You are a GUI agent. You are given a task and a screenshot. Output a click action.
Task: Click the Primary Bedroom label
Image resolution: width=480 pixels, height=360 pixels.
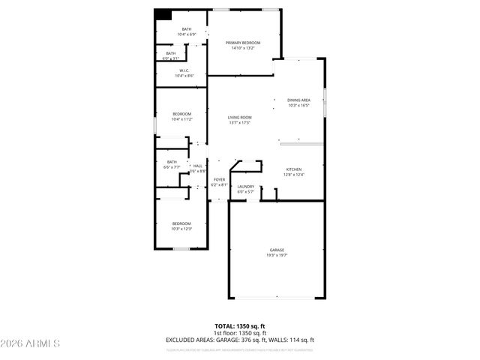click(241, 43)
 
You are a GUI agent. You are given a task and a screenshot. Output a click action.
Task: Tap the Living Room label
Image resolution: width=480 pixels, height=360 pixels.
click(240, 118)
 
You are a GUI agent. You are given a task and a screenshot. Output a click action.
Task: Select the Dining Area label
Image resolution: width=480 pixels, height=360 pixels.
click(299, 100)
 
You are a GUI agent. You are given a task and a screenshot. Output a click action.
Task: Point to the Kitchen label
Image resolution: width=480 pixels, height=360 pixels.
click(294, 169)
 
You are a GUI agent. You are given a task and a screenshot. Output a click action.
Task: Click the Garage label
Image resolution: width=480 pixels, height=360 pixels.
click(277, 250)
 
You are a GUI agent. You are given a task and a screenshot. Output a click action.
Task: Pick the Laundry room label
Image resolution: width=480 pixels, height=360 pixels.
click(246, 187)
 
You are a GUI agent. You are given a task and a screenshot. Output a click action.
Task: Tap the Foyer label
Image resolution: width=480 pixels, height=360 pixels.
click(219, 179)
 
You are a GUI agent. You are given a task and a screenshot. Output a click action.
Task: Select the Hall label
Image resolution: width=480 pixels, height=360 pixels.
click(197, 166)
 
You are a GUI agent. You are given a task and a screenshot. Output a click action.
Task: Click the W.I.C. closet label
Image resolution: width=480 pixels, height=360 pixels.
click(184, 70)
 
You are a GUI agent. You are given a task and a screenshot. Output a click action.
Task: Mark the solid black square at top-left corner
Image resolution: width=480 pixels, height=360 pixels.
click(163, 14)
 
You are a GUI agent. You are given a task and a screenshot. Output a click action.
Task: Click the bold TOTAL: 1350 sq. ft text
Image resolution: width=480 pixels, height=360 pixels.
click(240, 326)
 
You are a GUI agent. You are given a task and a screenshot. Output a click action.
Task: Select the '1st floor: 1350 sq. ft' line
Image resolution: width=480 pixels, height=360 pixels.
click(240, 333)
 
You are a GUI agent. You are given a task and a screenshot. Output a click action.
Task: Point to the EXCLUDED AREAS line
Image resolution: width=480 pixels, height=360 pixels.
click(240, 340)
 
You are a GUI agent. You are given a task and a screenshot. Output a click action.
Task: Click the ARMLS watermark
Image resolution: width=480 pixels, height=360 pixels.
click(31, 343)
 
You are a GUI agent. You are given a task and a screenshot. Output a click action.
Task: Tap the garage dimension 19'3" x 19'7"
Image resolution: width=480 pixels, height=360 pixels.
click(277, 256)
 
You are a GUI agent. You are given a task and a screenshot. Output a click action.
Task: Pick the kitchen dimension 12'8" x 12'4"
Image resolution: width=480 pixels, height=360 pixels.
click(294, 175)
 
